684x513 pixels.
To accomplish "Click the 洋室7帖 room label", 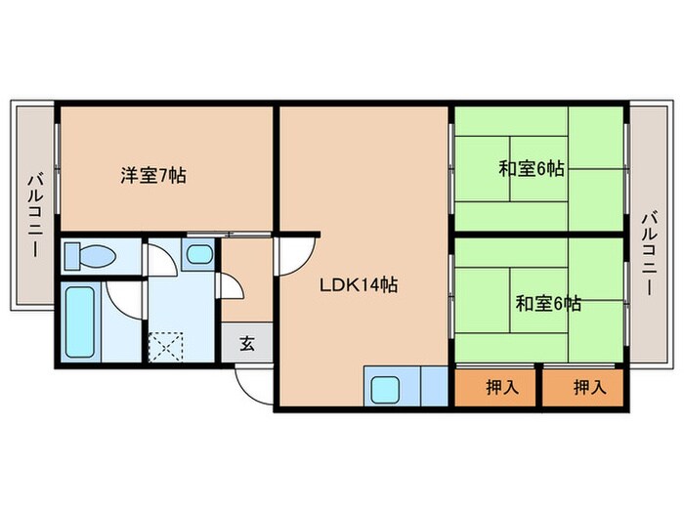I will [x=153, y=176].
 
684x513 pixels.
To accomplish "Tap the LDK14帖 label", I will [x=360, y=285].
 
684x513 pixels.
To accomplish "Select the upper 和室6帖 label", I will [x=532, y=168].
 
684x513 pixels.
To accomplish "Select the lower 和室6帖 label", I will [x=548, y=303].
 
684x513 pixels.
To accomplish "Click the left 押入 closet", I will [x=495, y=386].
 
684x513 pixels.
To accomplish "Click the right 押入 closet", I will [x=583, y=386].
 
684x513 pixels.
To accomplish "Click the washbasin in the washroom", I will [x=198, y=256].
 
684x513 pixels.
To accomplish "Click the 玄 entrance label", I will [x=246, y=344].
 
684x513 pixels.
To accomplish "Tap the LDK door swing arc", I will [x=290, y=257].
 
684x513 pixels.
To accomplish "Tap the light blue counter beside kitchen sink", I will [x=432, y=387].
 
